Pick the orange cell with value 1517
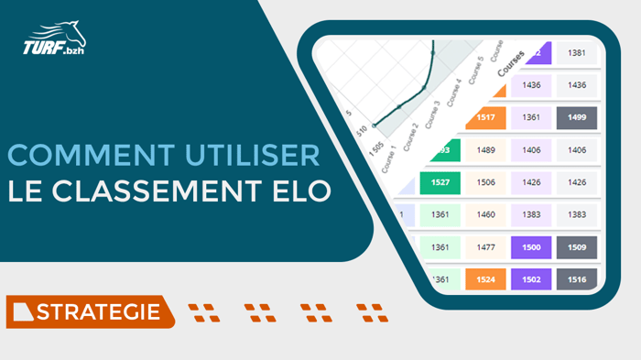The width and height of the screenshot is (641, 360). click(485, 117)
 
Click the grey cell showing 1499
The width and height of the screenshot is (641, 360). click(577, 117)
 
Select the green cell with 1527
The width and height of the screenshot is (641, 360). click(440, 182)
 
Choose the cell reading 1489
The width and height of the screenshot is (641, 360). click(485, 150)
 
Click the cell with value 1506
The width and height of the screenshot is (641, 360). click(485, 182)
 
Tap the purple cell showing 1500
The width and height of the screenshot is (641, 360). click(531, 246)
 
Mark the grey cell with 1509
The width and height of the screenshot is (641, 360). click(577, 246)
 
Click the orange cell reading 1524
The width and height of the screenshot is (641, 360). click(485, 278)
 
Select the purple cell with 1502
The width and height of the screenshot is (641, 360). click(531, 278)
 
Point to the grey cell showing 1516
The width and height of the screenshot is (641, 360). click(577, 278)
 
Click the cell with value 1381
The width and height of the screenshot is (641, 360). click(577, 53)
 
